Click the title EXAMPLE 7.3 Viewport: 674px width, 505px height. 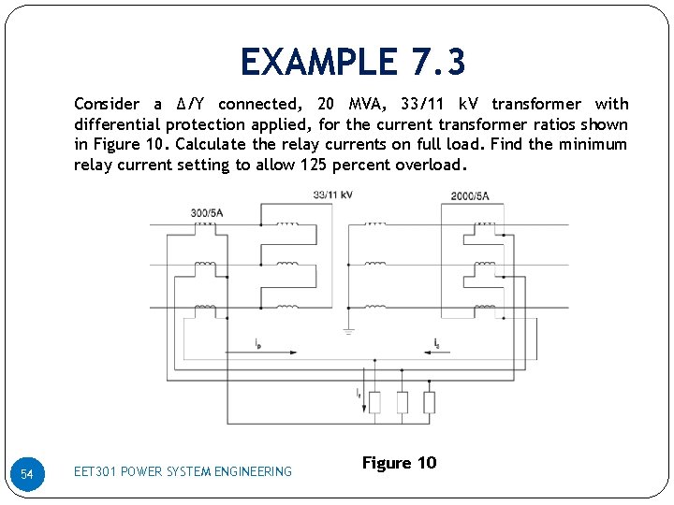pos(353,63)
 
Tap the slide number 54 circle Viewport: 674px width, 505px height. pos(27,475)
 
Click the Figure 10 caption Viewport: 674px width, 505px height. pos(399,463)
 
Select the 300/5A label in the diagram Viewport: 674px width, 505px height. pos(207,212)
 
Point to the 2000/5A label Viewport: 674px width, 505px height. pos(470,196)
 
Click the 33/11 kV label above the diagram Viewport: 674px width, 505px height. pos(332,195)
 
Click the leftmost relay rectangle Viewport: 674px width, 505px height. pos(374,402)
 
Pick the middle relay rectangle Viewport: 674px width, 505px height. pos(402,402)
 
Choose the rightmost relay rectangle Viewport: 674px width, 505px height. pos(429,402)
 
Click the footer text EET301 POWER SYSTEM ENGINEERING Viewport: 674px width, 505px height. pos(183,471)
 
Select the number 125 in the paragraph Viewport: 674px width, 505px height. pos(315,166)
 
